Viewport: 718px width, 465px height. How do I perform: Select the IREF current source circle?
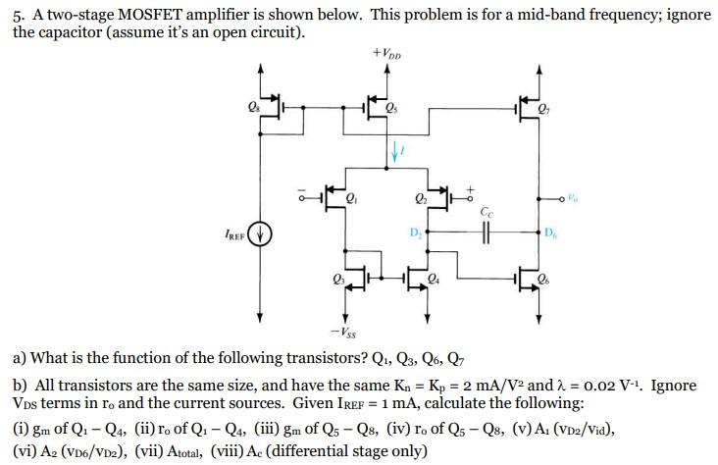pos(260,235)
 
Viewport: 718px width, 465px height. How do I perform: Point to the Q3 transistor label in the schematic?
pos(336,283)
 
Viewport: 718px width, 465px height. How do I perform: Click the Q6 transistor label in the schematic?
pos(557,283)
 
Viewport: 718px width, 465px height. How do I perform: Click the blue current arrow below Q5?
pos(395,150)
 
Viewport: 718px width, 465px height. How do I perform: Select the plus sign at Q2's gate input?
pos(469,186)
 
